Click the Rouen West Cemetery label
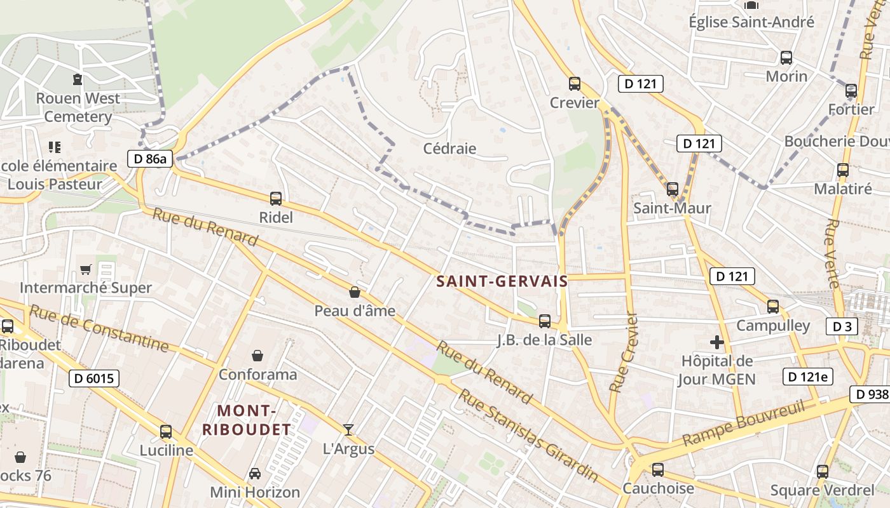pos(78,107)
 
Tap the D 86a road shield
pos(151,159)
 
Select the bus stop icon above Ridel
pos(276,198)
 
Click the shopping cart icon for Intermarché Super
pos(86,270)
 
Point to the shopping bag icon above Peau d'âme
pos(355,292)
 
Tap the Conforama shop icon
pos(257,355)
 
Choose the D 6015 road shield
pos(93,379)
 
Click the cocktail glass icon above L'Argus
pos(348,430)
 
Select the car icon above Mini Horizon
pos(255,474)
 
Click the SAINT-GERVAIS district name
pos(502,281)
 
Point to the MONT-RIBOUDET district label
pos(247,420)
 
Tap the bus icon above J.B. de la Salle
pos(545,321)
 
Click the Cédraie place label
pos(449,149)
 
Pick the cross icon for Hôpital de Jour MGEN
pos(717,343)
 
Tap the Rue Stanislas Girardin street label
pos(528,436)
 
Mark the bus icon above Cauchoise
pos(658,470)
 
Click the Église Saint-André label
pos(751,22)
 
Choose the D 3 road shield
pos(842,327)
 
